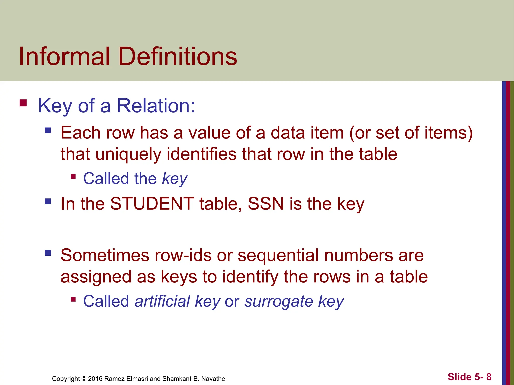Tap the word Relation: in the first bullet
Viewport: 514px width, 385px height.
point(156,106)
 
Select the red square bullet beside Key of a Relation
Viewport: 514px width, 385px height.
point(23,103)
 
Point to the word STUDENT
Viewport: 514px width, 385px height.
point(152,204)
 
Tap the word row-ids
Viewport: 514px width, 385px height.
point(183,255)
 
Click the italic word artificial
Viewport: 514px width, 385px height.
point(162,301)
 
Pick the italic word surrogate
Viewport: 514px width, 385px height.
point(279,302)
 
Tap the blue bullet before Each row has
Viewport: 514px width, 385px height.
point(48,130)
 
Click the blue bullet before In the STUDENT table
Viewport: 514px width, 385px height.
point(48,201)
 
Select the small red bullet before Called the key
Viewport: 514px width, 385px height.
point(73,177)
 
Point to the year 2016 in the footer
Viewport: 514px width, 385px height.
point(95,379)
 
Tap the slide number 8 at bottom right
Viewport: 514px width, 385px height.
point(489,377)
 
